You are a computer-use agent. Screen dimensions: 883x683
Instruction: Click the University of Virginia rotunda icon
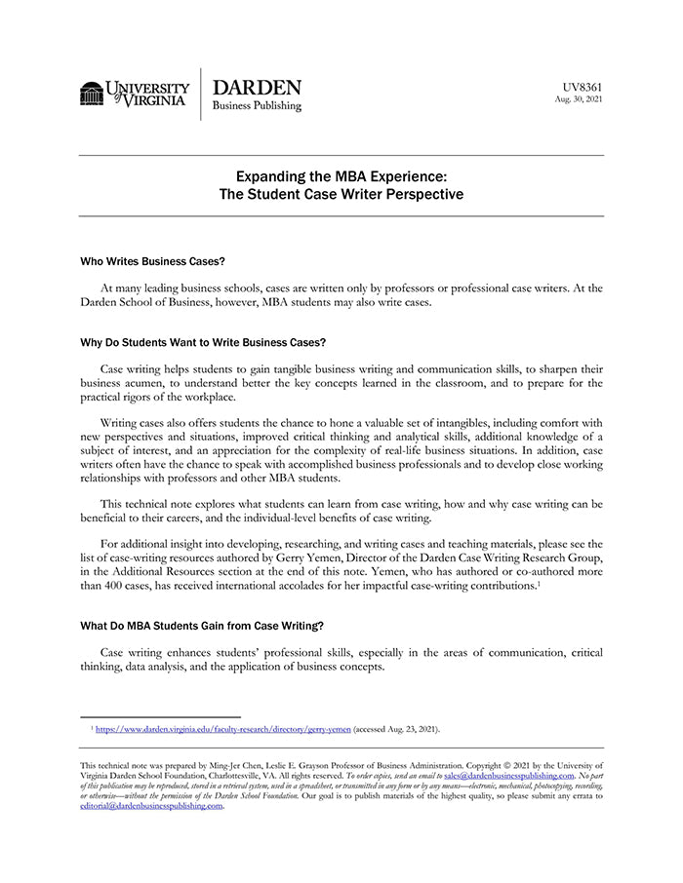point(92,93)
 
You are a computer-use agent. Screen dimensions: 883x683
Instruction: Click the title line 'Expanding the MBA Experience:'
point(341,176)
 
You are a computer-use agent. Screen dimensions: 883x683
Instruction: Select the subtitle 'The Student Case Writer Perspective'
point(341,194)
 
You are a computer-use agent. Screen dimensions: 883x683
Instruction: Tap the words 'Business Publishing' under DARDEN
point(257,106)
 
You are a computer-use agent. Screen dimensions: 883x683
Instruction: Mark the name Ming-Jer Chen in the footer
point(257,766)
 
